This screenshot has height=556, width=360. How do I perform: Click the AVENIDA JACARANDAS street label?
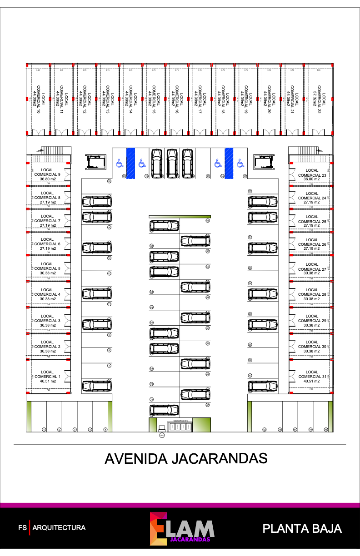[185, 458]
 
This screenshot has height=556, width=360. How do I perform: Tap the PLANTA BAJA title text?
[302, 528]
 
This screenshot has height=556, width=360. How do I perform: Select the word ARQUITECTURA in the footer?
[59, 528]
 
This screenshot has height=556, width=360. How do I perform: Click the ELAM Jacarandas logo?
[182, 528]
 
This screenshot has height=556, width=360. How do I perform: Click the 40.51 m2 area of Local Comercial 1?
[47, 382]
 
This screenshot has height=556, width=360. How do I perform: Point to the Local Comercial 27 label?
[312, 267]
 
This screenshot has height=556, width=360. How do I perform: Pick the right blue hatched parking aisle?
[229, 163]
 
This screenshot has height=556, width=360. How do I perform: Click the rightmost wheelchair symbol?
[240, 162]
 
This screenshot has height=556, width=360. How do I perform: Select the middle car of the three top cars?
[172, 163]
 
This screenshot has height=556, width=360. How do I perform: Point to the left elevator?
[95, 161]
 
